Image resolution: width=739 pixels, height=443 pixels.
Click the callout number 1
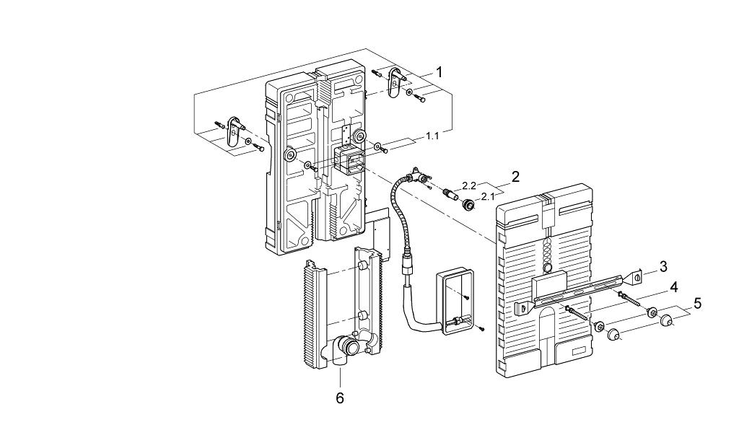click(x=440, y=71)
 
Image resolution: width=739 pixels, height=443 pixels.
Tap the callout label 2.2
click(x=470, y=186)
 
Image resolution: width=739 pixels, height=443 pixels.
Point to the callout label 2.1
click(x=488, y=196)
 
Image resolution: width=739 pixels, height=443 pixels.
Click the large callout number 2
click(x=515, y=177)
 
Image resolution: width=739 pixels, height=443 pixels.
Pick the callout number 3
click(x=663, y=266)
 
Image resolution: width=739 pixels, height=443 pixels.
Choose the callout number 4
click(x=673, y=286)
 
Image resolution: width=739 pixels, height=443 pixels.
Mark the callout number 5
click(x=696, y=304)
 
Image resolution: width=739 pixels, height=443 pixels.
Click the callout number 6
click(x=340, y=398)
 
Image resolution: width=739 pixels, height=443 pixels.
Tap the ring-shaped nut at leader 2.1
click(x=469, y=206)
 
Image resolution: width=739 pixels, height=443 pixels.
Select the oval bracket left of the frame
click(x=232, y=131)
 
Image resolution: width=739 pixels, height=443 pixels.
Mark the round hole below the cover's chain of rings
click(x=548, y=269)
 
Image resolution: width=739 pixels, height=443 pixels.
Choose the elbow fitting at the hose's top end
click(x=416, y=174)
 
